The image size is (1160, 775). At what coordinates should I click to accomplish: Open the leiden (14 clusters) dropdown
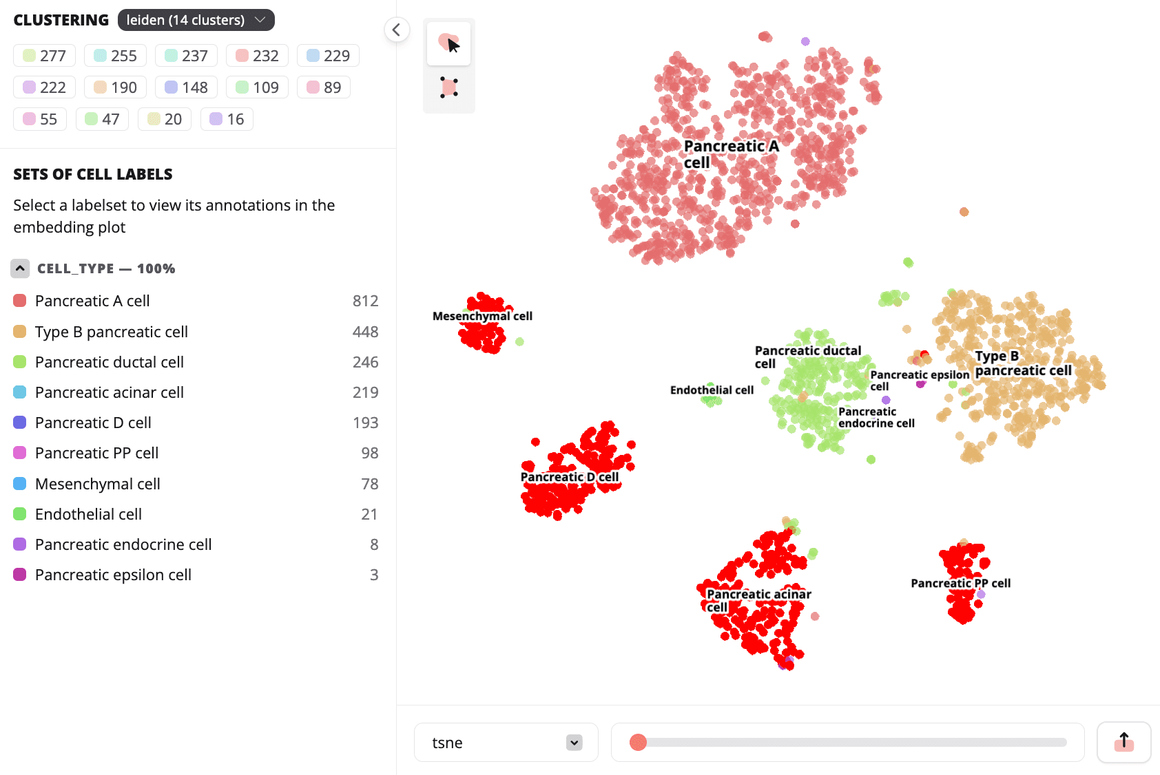196,20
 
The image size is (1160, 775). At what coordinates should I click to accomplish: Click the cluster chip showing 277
44,56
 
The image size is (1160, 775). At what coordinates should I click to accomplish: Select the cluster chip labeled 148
186,87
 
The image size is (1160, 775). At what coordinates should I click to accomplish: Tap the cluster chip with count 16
227,119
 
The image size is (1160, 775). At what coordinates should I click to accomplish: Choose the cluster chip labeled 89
324,87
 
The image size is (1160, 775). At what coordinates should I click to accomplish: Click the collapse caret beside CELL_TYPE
20,268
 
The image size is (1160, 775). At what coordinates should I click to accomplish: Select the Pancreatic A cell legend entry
92,301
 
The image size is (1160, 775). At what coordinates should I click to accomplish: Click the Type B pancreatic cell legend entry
111,332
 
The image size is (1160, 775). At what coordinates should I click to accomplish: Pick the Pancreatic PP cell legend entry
96,453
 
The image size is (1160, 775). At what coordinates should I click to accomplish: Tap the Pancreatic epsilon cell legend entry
113,575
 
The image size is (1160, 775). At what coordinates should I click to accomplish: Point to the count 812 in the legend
365,301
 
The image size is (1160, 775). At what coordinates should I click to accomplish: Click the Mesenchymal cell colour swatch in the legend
20,484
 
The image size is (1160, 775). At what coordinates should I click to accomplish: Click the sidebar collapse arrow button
397,30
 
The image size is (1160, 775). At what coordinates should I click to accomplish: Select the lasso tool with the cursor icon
448,43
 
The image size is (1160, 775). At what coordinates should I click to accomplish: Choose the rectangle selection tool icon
448,87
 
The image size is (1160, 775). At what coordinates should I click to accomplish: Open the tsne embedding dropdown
506,743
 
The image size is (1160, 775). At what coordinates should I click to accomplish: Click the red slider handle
638,743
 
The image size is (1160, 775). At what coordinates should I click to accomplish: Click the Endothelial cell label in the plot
712,390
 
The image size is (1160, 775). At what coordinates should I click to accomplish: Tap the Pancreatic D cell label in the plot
569,477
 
